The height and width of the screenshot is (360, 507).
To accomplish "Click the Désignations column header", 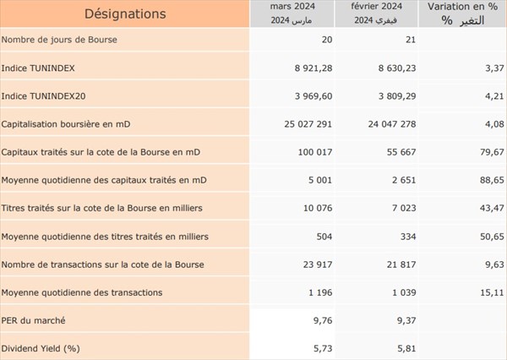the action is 125,14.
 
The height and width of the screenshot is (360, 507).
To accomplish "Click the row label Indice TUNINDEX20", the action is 43,96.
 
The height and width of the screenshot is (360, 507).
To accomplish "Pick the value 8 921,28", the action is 313,68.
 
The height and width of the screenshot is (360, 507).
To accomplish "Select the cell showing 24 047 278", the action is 392,124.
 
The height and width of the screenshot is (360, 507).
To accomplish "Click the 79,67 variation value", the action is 492,152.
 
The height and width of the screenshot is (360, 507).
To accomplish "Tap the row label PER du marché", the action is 33,320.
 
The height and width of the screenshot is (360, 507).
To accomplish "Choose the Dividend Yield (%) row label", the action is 41,349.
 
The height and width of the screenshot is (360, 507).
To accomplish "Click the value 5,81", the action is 406,349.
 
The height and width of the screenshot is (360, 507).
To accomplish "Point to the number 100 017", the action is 315,152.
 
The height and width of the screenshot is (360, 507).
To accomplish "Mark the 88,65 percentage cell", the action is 492,180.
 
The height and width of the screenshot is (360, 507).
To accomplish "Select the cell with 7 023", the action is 404,208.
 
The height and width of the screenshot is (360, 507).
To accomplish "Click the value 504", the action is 324,237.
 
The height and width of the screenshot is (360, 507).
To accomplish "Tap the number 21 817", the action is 401,265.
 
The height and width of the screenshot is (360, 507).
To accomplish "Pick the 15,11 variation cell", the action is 492,292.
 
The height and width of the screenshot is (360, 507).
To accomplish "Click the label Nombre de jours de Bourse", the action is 59,40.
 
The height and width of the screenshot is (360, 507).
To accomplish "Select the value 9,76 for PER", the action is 323,320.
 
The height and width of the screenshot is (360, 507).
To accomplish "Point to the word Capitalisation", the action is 27,124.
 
